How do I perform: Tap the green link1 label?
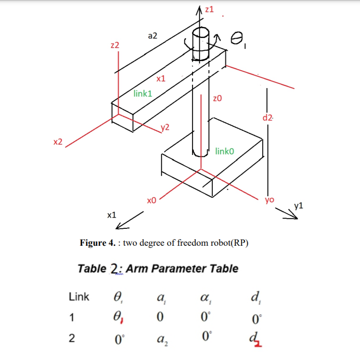click(143, 93)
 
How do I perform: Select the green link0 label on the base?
click(224, 151)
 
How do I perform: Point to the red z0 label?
click(217, 99)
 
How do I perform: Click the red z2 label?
click(115, 46)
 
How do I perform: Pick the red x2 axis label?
click(57, 142)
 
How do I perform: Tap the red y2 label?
click(165, 127)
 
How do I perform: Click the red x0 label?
click(151, 201)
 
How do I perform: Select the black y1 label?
click(298, 205)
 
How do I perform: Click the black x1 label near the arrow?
click(112, 215)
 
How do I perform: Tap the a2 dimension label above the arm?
click(152, 35)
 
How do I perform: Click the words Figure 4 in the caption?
click(97, 243)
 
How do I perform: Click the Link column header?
click(79, 297)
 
